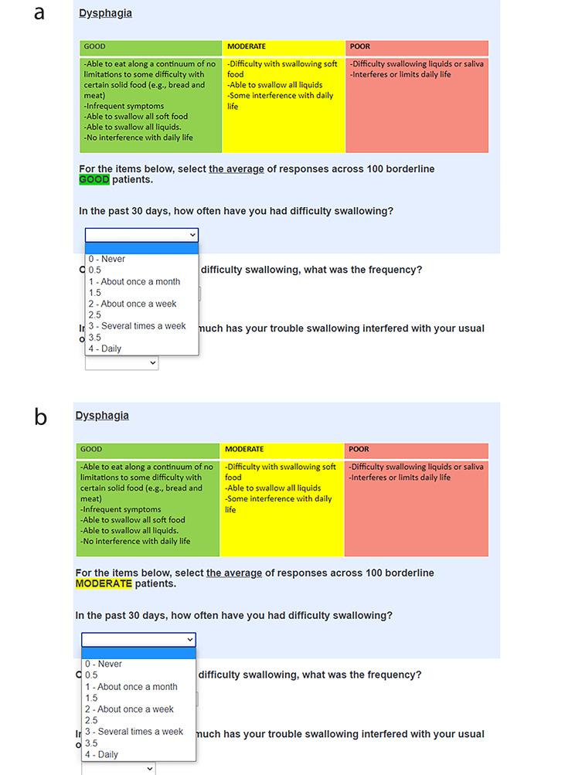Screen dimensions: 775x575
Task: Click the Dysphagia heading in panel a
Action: pyautogui.click(x=105, y=13)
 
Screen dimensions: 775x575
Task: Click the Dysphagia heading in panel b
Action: pyautogui.click(x=102, y=416)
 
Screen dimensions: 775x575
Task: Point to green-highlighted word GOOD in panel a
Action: pyautogui.click(x=94, y=180)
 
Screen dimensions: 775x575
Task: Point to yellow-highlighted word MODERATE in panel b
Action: pyautogui.click(x=104, y=584)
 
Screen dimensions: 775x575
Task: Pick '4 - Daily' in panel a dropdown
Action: pyautogui.click(x=105, y=348)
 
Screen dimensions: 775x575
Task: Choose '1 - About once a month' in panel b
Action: pyautogui.click(x=131, y=686)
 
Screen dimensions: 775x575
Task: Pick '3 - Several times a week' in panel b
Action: pyautogui.click(x=134, y=731)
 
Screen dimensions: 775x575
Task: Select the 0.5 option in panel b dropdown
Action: pyautogui.click(x=92, y=675)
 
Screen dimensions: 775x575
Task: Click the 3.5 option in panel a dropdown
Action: pyautogui.click(x=94, y=338)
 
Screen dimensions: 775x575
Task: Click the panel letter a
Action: pyautogui.click(x=39, y=13)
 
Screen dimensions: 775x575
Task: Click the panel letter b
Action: pyautogui.click(x=40, y=417)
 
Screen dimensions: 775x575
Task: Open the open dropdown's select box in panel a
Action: pyautogui.click(x=141, y=235)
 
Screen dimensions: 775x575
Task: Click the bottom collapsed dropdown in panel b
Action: pyautogui.click(x=119, y=768)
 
